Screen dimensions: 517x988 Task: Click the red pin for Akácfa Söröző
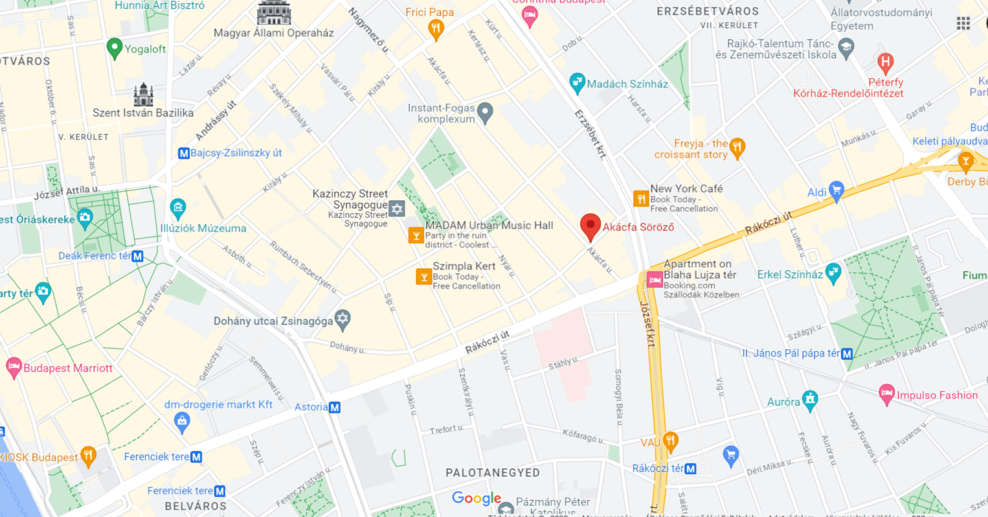point(590,226)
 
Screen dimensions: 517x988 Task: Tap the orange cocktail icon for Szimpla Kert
point(423,277)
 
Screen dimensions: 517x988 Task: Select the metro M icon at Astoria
point(335,408)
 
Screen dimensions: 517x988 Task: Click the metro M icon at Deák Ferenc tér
point(137,257)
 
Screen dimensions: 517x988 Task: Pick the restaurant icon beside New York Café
point(640,198)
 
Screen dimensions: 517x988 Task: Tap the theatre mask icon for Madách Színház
point(576,83)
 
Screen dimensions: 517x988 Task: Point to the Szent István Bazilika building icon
point(143,95)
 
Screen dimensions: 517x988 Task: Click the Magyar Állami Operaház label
point(274,33)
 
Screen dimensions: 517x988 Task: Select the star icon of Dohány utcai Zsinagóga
point(342,318)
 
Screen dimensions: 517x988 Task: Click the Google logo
point(477,498)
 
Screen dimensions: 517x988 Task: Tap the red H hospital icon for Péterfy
point(885,63)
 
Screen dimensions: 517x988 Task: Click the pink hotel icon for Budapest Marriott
point(14,367)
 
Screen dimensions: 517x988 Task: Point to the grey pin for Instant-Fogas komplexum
point(485,113)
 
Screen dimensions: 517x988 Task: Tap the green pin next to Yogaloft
point(115,48)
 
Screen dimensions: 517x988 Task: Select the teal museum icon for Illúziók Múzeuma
point(178,208)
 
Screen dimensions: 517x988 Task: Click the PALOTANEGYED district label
point(492,473)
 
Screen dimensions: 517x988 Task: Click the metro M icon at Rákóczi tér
point(691,468)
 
